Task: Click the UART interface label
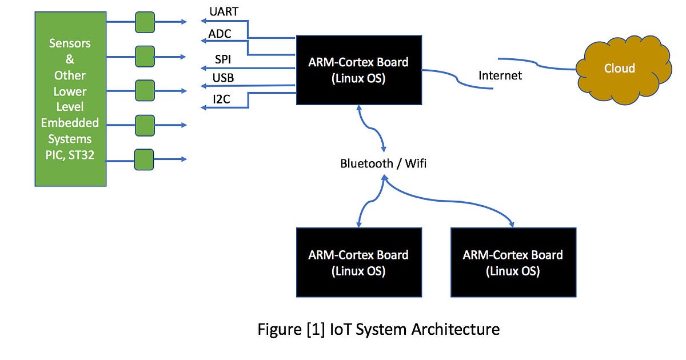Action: [224, 11]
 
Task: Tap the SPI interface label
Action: [223, 59]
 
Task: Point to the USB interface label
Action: [224, 77]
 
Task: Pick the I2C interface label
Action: [222, 99]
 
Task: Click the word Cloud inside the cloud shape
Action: [620, 68]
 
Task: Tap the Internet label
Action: [500, 75]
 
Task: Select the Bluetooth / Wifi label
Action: [384, 163]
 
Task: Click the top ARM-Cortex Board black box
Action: [358, 70]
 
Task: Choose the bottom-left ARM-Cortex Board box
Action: [358, 262]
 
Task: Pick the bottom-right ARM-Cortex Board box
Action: [513, 262]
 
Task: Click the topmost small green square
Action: [145, 22]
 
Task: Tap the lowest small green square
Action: [144, 159]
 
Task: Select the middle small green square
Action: [145, 90]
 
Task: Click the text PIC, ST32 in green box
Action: [70, 155]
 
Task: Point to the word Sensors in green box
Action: [70, 43]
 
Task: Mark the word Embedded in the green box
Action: [70, 123]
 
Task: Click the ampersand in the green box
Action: [70, 59]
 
